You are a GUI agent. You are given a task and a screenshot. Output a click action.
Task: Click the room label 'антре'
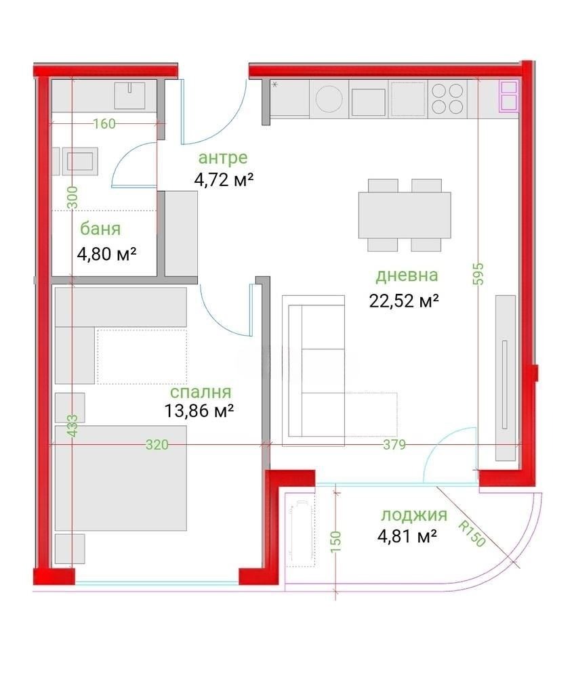pos(222,158)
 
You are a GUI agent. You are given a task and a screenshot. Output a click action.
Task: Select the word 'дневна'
pos(407,276)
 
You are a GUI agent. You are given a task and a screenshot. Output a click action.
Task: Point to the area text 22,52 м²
pos(404,301)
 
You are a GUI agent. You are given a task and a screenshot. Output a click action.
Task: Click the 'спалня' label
pos(201,392)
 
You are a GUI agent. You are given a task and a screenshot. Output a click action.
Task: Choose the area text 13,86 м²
pos(199,410)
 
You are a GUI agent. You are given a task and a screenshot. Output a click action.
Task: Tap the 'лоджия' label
pos(413,515)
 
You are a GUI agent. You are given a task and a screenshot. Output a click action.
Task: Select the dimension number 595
pos(478,274)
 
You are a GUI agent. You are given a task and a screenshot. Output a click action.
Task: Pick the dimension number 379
pos(394,445)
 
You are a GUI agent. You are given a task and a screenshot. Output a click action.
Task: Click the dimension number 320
pos(157,445)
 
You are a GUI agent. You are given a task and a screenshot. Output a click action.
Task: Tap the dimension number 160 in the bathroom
pos(104,123)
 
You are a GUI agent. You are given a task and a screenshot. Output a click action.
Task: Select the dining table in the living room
pos(405,215)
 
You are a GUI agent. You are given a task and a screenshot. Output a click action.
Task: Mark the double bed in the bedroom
pos(120,477)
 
